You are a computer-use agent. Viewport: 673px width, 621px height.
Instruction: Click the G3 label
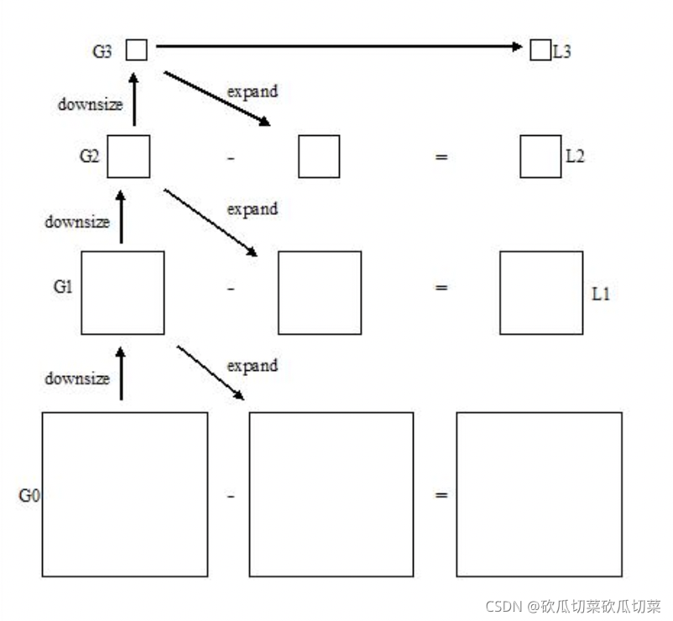(x=102, y=50)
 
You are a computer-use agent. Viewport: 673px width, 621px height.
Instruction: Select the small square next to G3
(x=137, y=50)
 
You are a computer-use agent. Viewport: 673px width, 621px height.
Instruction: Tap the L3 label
(x=562, y=51)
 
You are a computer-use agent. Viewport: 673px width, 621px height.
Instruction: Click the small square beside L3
(x=540, y=50)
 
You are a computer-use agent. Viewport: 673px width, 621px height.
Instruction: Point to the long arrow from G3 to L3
(x=336, y=47)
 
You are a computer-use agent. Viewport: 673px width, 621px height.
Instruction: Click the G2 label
(x=90, y=155)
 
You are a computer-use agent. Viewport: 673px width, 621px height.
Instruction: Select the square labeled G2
(x=128, y=156)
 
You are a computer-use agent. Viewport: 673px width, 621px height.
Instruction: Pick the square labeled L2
(x=540, y=157)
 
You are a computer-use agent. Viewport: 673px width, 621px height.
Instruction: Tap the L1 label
(x=601, y=295)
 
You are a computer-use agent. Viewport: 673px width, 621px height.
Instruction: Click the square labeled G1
(x=123, y=292)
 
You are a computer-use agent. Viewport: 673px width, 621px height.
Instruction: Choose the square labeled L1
(x=541, y=292)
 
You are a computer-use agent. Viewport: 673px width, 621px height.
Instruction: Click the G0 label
(x=29, y=495)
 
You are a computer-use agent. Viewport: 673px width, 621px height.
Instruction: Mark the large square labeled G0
(x=125, y=494)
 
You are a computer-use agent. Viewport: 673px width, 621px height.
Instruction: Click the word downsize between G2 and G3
(x=90, y=105)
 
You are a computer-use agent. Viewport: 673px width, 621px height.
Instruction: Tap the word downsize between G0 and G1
(x=77, y=378)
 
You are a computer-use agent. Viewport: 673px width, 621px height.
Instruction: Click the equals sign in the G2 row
(x=441, y=157)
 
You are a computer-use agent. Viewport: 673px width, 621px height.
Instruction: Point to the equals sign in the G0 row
(x=441, y=495)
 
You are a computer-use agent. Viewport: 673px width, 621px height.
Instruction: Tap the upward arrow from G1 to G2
(x=121, y=217)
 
